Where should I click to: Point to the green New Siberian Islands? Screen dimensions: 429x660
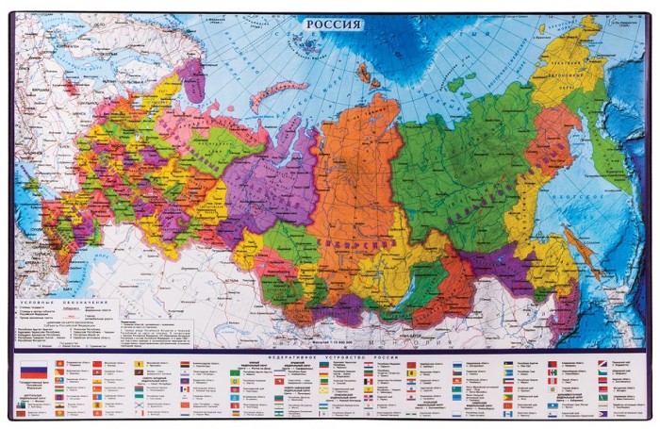point(462,80)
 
